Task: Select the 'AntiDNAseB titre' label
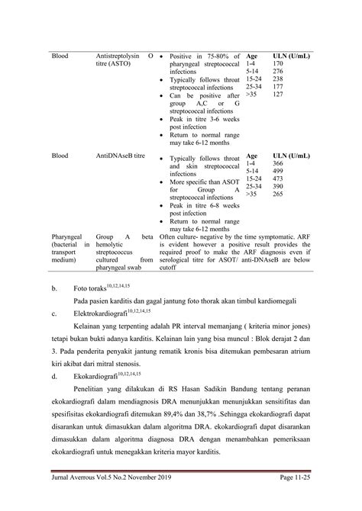pyautogui.click(x=121, y=156)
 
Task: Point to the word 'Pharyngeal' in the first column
pyautogui.click(x=66, y=237)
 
